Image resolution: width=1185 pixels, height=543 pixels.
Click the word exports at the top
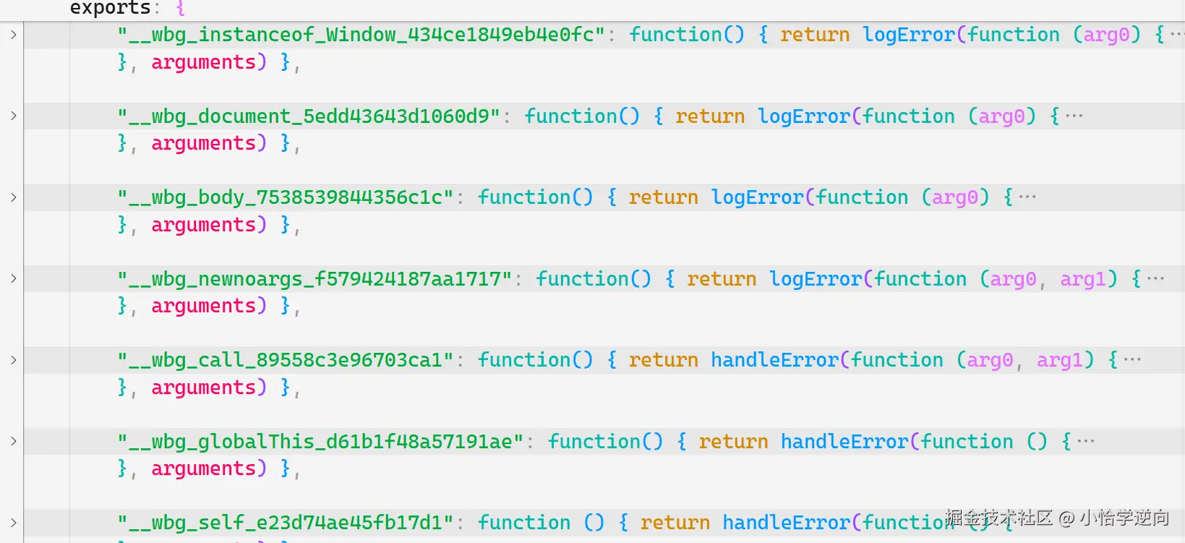[x=110, y=8]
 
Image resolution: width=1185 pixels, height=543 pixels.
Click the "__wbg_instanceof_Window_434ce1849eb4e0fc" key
[x=362, y=35]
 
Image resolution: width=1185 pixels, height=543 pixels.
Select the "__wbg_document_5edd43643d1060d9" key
[x=309, y=116]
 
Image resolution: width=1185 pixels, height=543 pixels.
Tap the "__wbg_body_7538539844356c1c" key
[x=286, y=197]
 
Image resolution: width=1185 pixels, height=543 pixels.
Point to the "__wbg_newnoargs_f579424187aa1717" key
[x=315, y=279]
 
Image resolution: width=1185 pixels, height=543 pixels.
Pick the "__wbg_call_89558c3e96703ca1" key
[x=286, y=360]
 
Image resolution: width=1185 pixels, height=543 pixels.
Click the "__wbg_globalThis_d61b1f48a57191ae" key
[x=321, y=442]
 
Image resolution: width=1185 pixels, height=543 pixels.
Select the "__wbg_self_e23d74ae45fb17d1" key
[x=286, y=523]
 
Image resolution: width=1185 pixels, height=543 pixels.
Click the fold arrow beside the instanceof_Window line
[x=13, y=35]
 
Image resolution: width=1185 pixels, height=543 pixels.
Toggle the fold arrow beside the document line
[x=13, y=116]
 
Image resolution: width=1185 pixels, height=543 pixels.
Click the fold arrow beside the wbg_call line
[x=13, y=360]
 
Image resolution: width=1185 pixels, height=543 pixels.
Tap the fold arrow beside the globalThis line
[x=13, y=441]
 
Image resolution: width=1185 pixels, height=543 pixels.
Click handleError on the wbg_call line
[x=774, y=360]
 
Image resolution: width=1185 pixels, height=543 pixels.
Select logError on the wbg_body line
[x=757, y=197]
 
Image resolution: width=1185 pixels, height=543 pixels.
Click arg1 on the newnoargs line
[x=1083, y=279]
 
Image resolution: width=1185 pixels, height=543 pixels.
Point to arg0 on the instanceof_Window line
[x=1106, y=35]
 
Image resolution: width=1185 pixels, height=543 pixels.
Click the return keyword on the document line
[x=710, y=116]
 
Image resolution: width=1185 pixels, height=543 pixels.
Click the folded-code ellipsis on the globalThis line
[x=1085, y=441]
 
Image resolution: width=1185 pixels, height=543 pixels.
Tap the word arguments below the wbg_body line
[x=203, y=225]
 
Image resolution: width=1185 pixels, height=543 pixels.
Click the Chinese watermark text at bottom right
[x=1056, y=518]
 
